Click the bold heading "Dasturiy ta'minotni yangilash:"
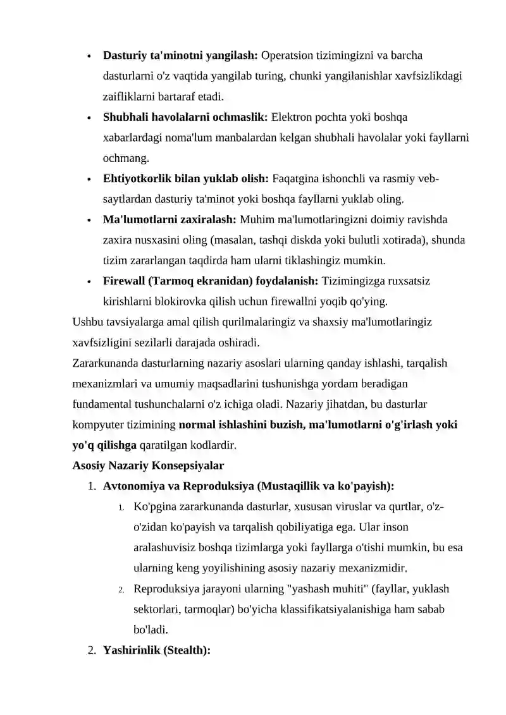180,55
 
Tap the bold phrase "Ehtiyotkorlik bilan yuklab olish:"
186,179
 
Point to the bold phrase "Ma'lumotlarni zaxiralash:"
170,220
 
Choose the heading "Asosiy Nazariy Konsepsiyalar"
149,466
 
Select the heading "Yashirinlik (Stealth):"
156,651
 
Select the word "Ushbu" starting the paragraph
87,322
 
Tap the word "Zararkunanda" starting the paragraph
105,363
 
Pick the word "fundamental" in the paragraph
102,404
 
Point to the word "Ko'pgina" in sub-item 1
153,507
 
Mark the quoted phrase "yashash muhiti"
327,589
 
